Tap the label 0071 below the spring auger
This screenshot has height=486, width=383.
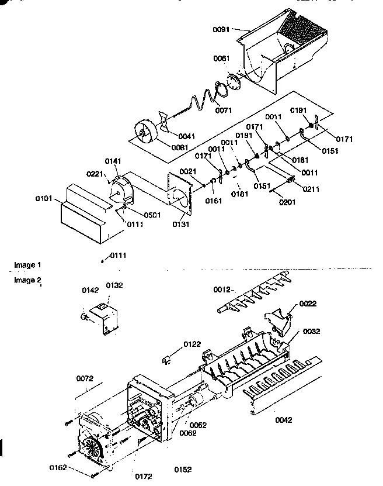click(x=223, y=109)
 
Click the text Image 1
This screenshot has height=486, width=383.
click(x=27, y=265)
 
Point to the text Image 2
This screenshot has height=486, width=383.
click(x=27, y=280)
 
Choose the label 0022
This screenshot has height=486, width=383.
click(x=308, y=303)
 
